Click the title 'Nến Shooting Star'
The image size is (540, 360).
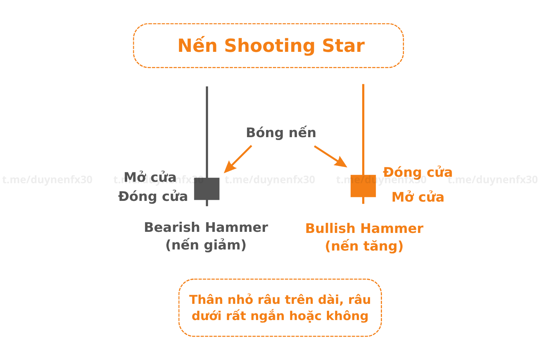pyautogui.click(x=271, y=46)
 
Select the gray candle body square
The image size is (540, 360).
pyautogui.click(x=207, y=189)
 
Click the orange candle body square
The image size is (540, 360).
pyautogui.click(x=363, y=186)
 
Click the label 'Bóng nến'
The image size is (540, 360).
pyautogui.click(x=281, y=133)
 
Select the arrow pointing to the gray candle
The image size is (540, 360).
pyautogui.click(x=238, y=159)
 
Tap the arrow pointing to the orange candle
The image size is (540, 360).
pyautogui.click(x=330, y=156)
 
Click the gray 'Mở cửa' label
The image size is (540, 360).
pyautogui.click(x=150, y=177)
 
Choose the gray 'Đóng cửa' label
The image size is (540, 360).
pyautogui.click(x=153, y=197)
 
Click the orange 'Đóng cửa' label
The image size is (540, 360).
pyautogui.click(x=418, y=172)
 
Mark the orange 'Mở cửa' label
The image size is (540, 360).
pyautogui.click(x=418, y=197)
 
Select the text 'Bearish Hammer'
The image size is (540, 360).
pyautogui.click(x=206, y=228)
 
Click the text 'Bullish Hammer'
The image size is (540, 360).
pyautogui.click(x=364, y=229)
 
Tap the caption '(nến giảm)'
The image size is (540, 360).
pyautogui.click(x=206, y=245)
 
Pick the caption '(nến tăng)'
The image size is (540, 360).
pyautogui.click(x=364, y=246)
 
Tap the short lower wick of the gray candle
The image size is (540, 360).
pyautogui.click(x=207, y=203)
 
